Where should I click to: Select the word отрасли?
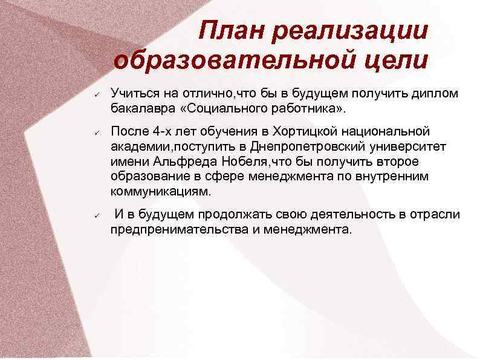[434, 215]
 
